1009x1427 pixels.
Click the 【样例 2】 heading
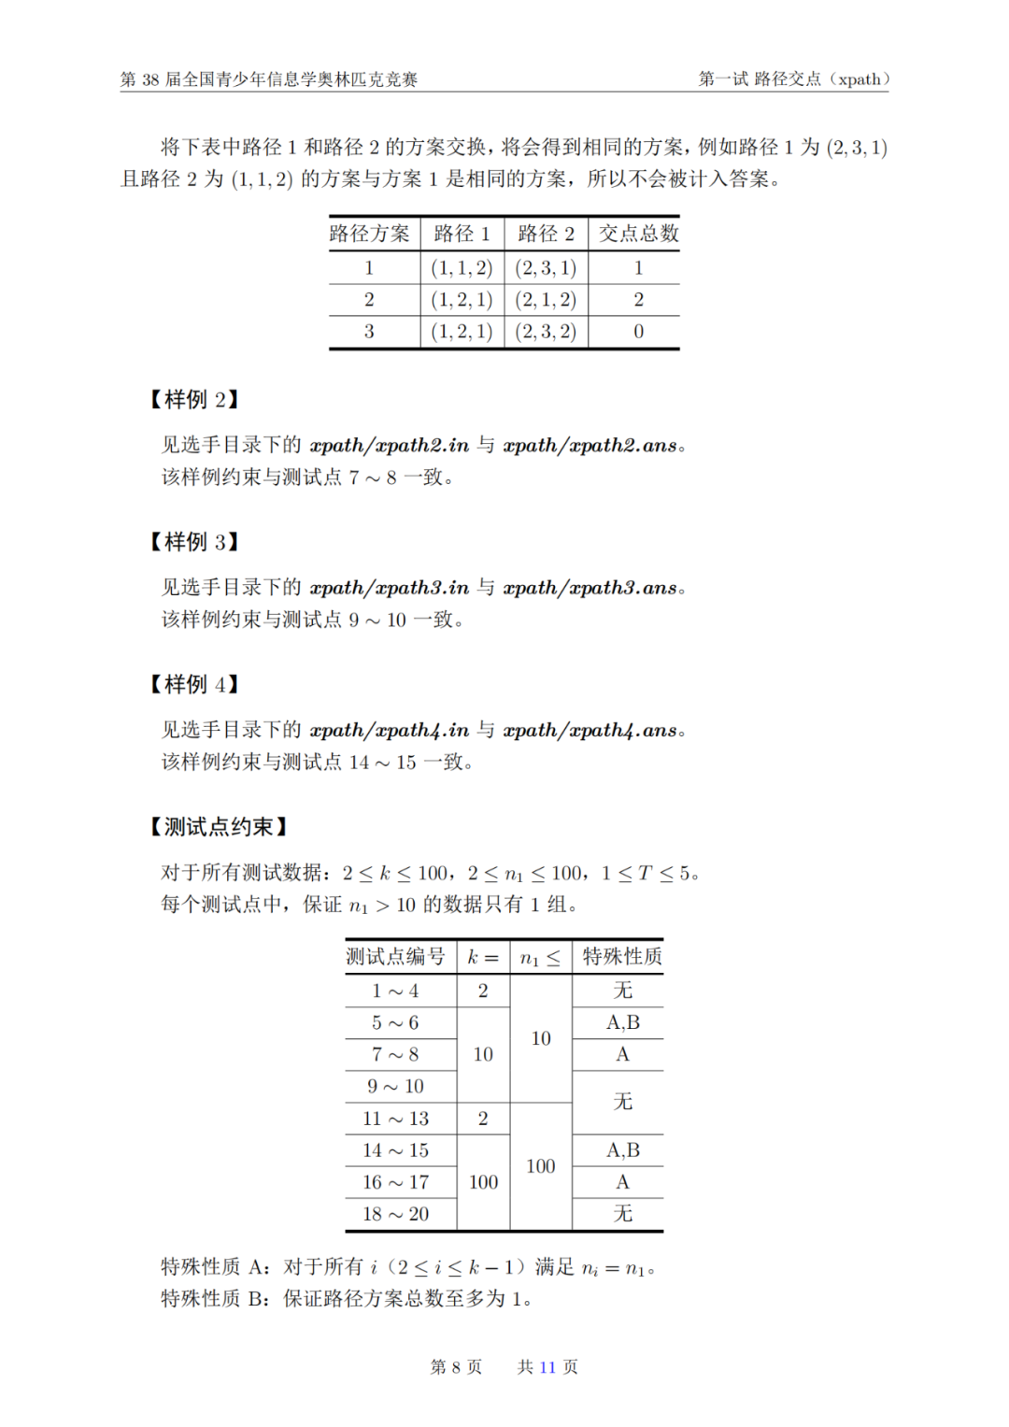pos(194,400)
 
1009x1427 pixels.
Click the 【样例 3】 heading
pos(194,542)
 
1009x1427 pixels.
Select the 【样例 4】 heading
pos(194,685)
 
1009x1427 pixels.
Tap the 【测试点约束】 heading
pos(218,827)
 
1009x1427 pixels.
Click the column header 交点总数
pos(639,234)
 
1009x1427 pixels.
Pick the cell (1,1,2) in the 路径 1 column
pos(462,268)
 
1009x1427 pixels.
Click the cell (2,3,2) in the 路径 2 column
pos(546,332)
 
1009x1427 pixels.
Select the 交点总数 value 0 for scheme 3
pos(639,332)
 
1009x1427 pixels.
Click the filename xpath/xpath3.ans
pos(590,588)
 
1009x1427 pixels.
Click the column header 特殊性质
pos(622,957)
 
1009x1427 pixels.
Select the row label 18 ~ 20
pos(396,1214)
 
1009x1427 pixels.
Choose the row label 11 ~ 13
pos(396,1119)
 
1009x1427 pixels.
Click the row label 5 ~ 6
pos(396,1022)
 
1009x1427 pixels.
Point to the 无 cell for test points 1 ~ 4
pos(622,991)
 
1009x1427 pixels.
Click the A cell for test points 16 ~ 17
pos(622,1182)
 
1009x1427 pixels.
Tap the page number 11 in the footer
pos(547,1367)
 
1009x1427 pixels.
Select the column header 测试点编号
pos(396,957)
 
